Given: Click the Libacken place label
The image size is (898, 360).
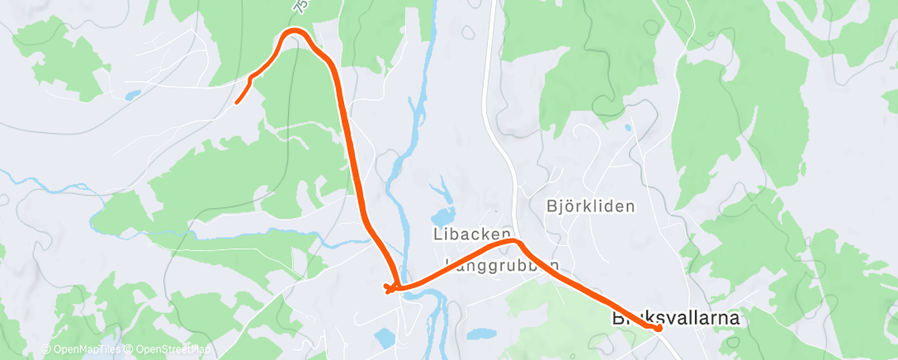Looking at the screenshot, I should pos(472,234).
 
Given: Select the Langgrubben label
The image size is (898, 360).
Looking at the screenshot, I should pos(502,265).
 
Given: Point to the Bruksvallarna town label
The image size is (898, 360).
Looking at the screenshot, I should pos(674,317).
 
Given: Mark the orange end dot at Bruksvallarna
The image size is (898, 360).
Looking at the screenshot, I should pos(659,328).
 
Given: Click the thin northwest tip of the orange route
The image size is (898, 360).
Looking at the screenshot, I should pos(237,102).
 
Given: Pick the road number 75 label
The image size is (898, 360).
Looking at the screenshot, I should pos(303,7).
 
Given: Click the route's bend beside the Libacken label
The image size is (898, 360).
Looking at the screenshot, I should pos(513,241).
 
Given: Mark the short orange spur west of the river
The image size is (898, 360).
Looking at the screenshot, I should pos(389,288).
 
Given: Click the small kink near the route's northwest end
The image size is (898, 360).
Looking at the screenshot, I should pos(251,78).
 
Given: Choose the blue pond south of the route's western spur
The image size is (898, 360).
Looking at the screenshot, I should pos(385,337).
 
